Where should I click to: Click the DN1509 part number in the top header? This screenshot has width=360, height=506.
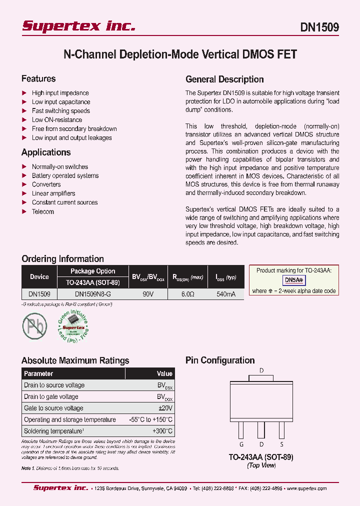pos(319,27)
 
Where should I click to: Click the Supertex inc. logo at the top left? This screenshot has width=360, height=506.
pos(78,26)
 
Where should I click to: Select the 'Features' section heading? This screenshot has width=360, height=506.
pos(38,79)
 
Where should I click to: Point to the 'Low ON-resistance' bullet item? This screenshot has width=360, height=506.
pos(56,120)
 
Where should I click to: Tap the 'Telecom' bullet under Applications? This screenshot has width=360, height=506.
pos(42,211)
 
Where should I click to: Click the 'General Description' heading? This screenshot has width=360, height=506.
pos(224,79)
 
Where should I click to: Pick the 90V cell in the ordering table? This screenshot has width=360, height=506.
pos(148,294)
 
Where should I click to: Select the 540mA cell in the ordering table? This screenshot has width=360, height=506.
pos(225,294)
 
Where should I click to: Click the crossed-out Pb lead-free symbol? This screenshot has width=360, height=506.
pos(34,325)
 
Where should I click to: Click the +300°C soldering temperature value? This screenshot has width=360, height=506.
pos(162,431)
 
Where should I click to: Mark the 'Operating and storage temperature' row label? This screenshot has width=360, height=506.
pos(69,419)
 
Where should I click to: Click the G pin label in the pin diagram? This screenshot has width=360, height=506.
pos(241,444)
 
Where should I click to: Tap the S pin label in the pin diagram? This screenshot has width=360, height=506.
pos(281,444)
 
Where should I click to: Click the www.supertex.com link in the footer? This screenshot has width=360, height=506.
pos(305,488)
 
